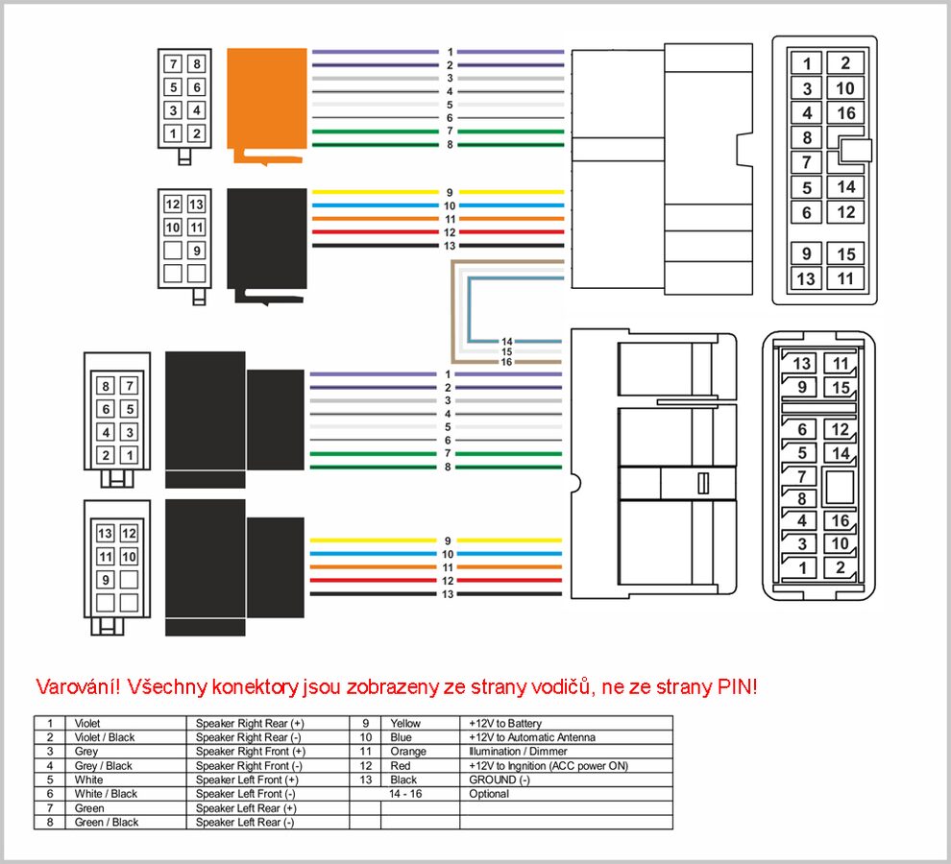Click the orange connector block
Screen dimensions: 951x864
coord(267,100)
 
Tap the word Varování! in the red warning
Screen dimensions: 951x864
coord(79,687)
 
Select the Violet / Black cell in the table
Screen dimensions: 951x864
coord(105,737)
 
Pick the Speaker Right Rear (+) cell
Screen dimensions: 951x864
coord(250,723)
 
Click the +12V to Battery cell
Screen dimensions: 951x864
coord(505,723)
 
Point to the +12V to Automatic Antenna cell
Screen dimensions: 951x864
coord(532,737)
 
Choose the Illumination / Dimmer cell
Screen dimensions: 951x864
coord(518,752)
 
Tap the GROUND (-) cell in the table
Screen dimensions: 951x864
coord(500,780)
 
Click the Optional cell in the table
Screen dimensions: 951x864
coord(489,794)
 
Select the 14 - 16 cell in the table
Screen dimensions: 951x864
coord(405,794)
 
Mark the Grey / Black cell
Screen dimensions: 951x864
coord(103,766)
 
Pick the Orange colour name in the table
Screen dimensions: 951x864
coord(408,752)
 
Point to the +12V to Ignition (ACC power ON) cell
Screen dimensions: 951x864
coord(549,766)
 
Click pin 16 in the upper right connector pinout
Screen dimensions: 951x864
coord(845,112)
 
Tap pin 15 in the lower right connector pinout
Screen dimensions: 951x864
coord(840,387)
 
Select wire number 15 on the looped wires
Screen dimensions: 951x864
coord(507,351)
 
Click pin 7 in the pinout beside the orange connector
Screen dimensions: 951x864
coord(174,63)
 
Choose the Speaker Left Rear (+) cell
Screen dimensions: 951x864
coord(246,808)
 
